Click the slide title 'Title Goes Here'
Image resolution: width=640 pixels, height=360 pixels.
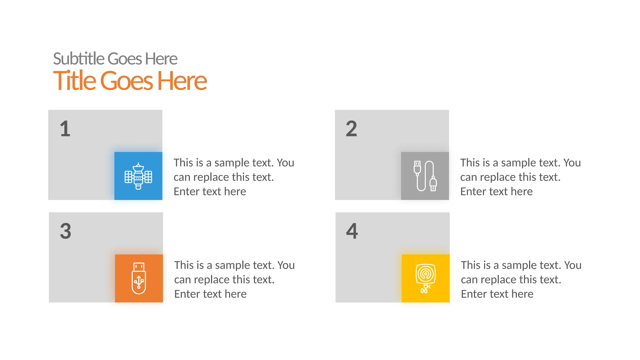tap(130, 81)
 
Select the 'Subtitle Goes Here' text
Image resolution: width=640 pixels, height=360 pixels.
tap(115, 59)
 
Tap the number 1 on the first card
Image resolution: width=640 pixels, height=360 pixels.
tap(65, 129)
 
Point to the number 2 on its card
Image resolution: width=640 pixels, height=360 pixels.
tap(351, 129)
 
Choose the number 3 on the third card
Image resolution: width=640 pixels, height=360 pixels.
tap(66, 231)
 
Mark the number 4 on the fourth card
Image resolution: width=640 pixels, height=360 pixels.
tap(352, 231)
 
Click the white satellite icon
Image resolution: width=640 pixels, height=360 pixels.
tap(138, 176)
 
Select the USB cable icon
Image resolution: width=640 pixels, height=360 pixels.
tap(425, 176)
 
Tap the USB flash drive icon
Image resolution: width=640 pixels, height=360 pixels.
tap(139, 278)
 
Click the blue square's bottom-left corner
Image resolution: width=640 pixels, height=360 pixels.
tap(115, 199)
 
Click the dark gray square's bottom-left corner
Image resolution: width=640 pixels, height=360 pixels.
tap(402, 199)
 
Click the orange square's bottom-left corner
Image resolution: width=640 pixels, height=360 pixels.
tap(116, 302)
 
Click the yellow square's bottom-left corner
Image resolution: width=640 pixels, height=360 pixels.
tap(402, 302)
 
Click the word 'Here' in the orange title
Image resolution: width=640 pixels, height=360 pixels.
tap(182, 81)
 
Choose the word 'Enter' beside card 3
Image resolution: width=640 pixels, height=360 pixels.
tap(187, 294)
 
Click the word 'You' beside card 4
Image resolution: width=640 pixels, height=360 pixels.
tap(573, 265)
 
